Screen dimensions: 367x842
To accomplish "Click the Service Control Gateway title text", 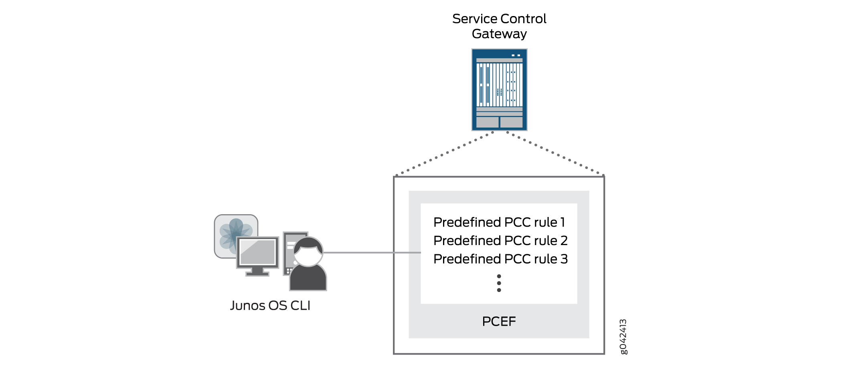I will tap(499, 26).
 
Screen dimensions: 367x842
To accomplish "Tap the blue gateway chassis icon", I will tap(499, 89).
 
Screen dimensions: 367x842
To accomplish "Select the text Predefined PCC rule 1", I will tap(499, 222).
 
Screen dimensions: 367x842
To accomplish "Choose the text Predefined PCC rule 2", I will tap(500, 241).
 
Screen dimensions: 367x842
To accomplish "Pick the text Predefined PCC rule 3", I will tap(500, 259).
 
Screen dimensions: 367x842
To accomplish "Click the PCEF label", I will tap(499, 321).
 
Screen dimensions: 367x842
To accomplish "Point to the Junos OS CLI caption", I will tap(270, 306).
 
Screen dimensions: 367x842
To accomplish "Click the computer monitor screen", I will tap(257, 253).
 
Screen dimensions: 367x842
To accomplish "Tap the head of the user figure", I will tap(308, 251).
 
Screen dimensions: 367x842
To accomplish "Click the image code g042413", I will tap(623, 337).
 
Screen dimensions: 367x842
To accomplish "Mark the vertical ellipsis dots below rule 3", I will tap(499, 283).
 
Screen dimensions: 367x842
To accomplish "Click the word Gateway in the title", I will tap(499, 34).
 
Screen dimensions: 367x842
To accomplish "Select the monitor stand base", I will tap(257, 274).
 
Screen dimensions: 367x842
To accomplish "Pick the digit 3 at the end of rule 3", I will tap(564, 259).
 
